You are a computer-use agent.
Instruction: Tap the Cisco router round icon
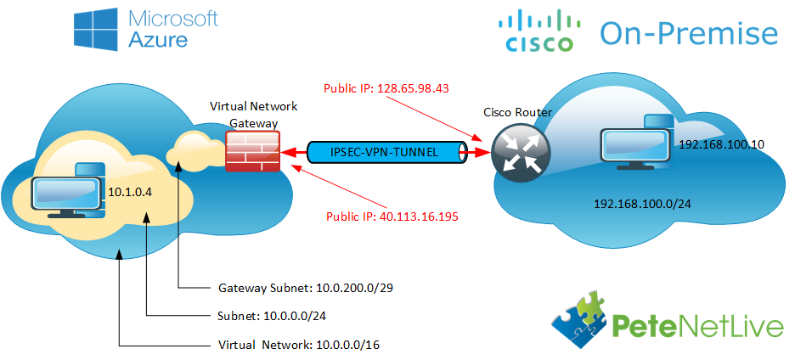tap(520, 151)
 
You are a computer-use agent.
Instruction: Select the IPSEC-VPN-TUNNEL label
tap(384, 152)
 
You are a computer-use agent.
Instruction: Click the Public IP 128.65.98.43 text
tap(386, 89)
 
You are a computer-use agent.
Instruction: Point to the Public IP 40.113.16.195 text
tap(392, 217)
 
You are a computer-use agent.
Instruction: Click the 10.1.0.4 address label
tap(130, 192)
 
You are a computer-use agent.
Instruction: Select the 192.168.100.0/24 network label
tap(643, 204)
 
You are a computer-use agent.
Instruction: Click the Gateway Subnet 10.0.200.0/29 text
tap(307, 289)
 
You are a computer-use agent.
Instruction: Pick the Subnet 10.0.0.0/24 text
tap(272, 317)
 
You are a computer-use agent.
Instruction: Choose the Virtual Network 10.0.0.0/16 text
tap(299, 345)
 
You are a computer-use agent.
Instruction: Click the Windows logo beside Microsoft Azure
tap(96, 27)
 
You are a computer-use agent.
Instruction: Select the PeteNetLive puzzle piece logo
tap(581, 319)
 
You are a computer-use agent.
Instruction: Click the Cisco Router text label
tap(516, 112)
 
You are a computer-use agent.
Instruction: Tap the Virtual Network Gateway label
tap(253, 115)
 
